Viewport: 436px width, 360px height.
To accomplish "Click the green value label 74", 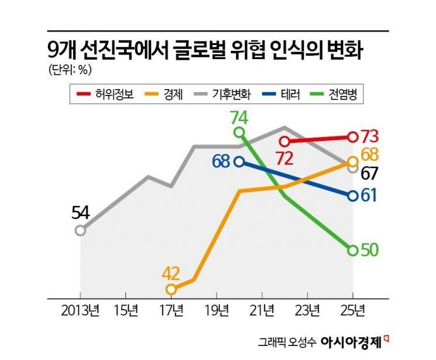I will point(239,117).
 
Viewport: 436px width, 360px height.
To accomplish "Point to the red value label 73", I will point(370,136).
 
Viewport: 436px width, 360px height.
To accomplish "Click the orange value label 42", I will point(171,273).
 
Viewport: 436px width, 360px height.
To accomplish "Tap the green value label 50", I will point(370,250).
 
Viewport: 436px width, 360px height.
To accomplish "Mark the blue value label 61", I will point(369,196).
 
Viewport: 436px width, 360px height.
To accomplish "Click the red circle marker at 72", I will point(284,141).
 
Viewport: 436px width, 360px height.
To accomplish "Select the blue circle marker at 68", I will point(239,162).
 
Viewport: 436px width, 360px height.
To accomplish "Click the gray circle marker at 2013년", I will point(80,230).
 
